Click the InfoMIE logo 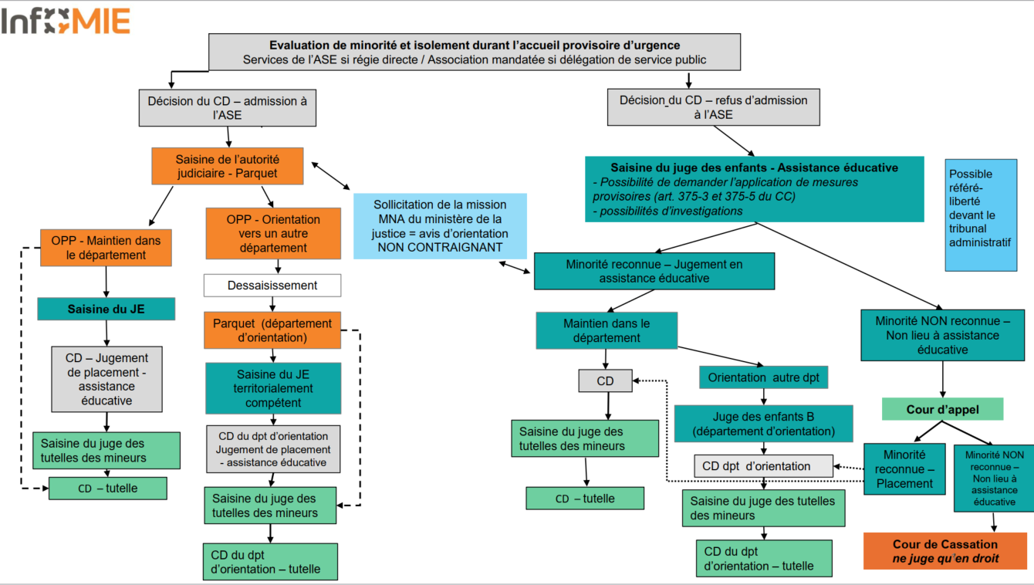(x=66, y=22)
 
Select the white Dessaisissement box (x=272, y=286)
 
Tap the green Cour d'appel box (x=942, y=409)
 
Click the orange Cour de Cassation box (x=945, y=551)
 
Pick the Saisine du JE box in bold (x=106, y=309)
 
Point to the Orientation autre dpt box (x=763, y=377)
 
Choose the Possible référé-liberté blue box (x=981, y=215)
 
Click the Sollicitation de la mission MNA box (x=440, y=226)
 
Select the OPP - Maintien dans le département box (x=106, y=248)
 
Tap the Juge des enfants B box (x=763, y=424)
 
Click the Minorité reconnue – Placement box (x=904, y=469)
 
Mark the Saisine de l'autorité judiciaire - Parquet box (x=228, y=166)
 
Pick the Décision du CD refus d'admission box (x=714, y=107)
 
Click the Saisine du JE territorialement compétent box (x=273, y=388)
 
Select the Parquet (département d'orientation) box (x=272, y=330)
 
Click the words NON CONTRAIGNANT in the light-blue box (x=440, y=248)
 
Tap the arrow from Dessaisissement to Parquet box (x=272, y=304)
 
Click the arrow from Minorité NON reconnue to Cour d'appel (x=943, y=379)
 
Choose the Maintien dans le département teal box (x=607, y=330)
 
